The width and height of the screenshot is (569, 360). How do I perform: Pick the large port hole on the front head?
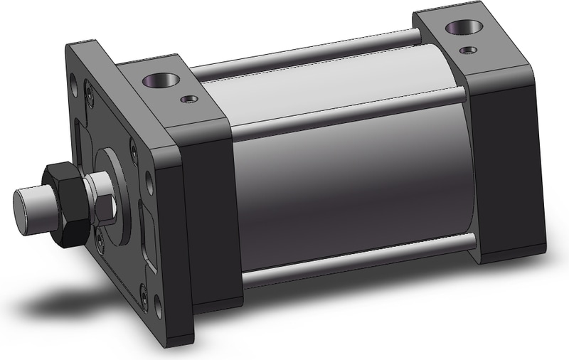coord(156,81)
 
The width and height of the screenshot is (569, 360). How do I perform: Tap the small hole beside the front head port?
coord(188,100)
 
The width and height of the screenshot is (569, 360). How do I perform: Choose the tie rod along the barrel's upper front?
coord(349,114)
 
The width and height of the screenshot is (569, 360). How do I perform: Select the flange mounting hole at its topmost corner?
coord(74,88)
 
